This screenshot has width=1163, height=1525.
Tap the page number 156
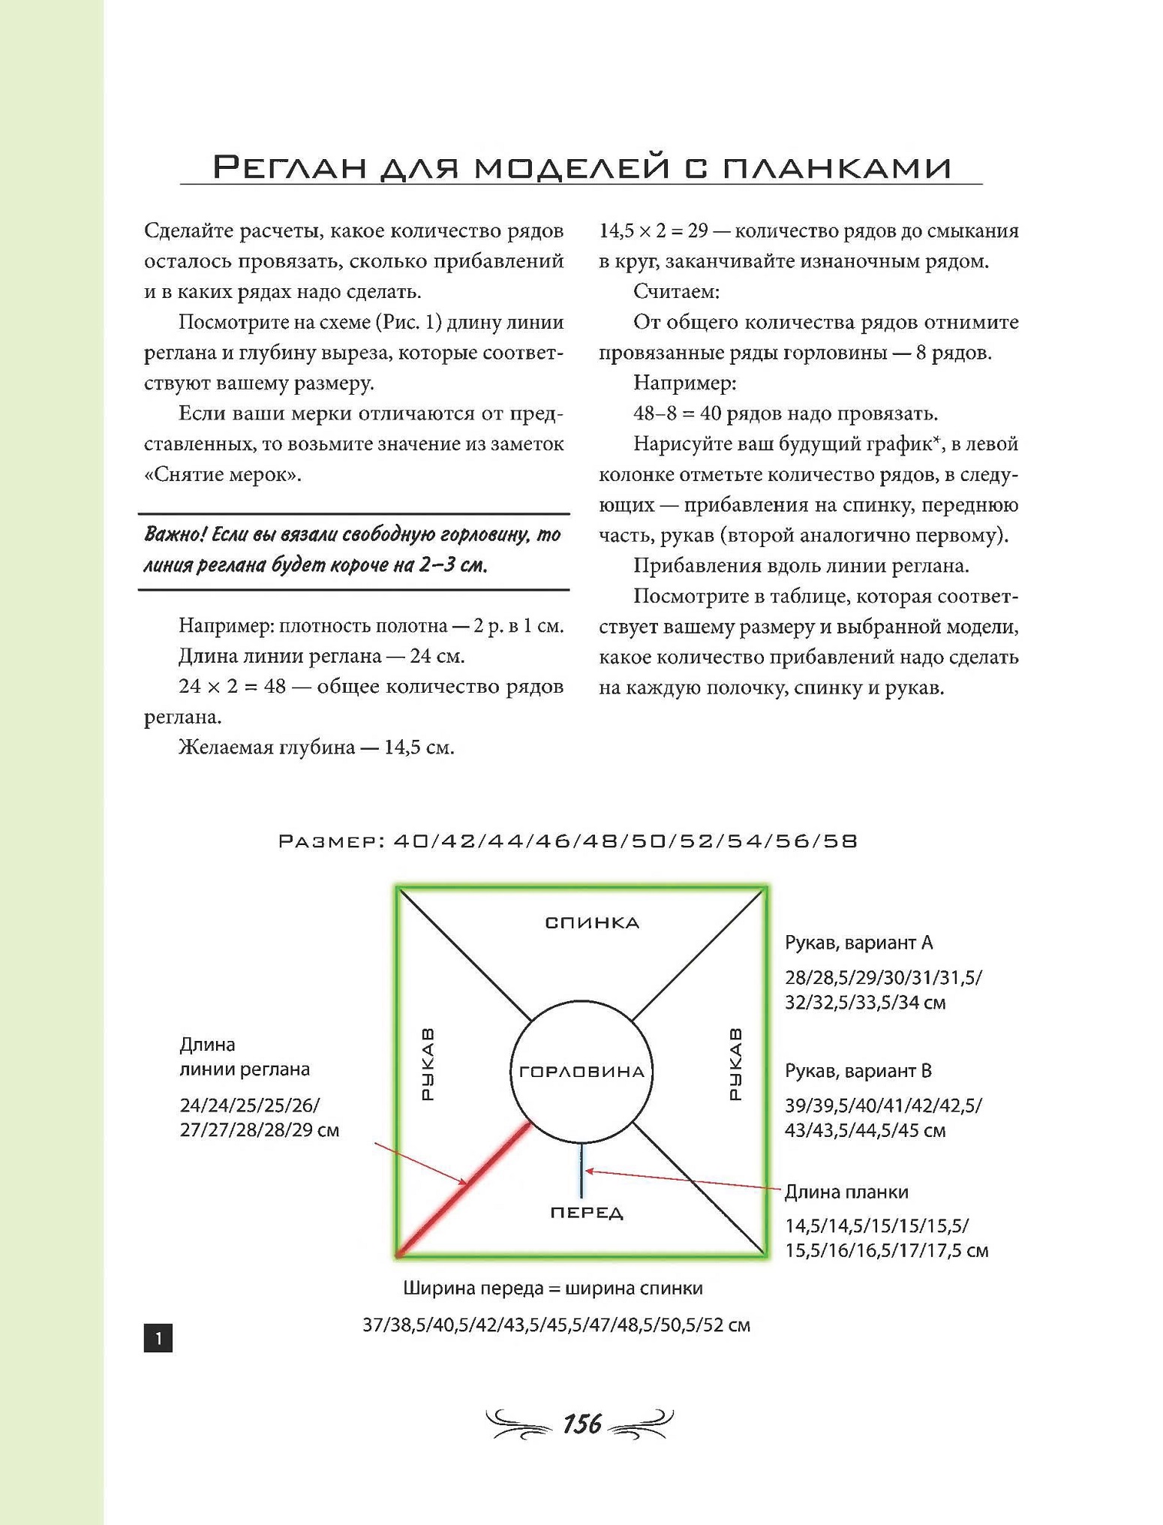[x=582, y=1424]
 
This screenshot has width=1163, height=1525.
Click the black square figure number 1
[x=158, y=1337]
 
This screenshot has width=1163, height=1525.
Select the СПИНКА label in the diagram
[x=592, y=922]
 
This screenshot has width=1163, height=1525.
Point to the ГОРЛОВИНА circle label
[x=581, y=1072]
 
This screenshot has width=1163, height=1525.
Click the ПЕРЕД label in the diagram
[x=587, y=1213]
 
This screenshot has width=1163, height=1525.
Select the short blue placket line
[x=581, y=1171]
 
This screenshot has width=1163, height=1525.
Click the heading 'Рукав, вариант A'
[x=858, y=943]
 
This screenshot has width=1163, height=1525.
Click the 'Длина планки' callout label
[x=846, y=1192]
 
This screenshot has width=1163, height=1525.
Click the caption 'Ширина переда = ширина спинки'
[x=553, y=1288]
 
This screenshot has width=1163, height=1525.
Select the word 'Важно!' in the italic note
[x=175, y=534]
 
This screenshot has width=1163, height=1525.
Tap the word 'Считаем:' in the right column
[x=676, y=291]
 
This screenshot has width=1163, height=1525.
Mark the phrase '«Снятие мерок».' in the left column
[x=223, y=474]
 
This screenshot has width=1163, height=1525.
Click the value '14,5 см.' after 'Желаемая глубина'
[x=419, y=747]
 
